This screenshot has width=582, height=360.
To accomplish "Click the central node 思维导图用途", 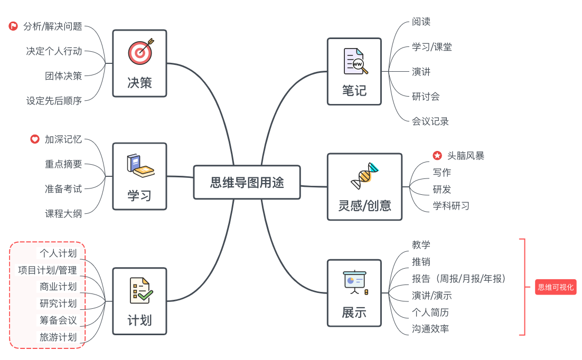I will point(247,183).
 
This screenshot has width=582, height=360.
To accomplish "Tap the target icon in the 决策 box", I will point(140,51).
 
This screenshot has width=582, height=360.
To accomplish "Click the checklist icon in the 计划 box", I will point(140,290).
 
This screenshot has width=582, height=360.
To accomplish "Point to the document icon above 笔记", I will point(354,61).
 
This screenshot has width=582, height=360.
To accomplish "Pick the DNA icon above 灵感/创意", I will point(365,176).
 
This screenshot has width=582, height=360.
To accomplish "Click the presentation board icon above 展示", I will point(354,282).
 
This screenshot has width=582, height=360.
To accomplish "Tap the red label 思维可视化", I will point(555,287).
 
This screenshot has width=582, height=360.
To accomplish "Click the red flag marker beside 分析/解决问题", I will point(14,26).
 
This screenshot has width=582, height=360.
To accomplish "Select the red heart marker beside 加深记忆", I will point(35,139).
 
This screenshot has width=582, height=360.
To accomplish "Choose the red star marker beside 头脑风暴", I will point(437,156).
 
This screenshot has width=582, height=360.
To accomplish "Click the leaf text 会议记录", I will point(430,121).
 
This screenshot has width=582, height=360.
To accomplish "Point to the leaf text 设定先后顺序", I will point(54,100).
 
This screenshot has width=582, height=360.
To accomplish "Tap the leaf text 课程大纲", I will point(63,213).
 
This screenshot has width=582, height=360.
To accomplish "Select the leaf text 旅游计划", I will point(58,337).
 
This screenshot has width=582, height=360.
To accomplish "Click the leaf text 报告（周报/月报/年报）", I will point(458,278).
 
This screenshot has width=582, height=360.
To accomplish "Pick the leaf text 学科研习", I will point(451,206).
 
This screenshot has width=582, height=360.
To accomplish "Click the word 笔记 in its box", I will point(354,90).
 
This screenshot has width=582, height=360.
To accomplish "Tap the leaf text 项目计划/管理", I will point(48,270).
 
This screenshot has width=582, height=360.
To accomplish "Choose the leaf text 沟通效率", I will point(430,329).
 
